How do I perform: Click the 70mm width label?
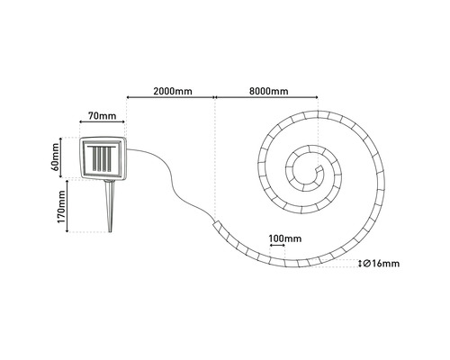pos(101,116)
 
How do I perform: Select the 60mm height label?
pos(56,156)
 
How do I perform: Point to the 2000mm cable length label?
pos(171,92)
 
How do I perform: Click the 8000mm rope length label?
pos(267,92)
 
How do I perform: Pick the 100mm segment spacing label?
pos(284,239)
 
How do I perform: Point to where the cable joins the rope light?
pos(215,218)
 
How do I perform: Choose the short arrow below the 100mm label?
pos(284,249)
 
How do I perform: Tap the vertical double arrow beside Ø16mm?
pos(360,264)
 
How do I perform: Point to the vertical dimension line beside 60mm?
pos(69,156)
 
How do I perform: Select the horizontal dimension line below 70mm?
pos(101,126)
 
